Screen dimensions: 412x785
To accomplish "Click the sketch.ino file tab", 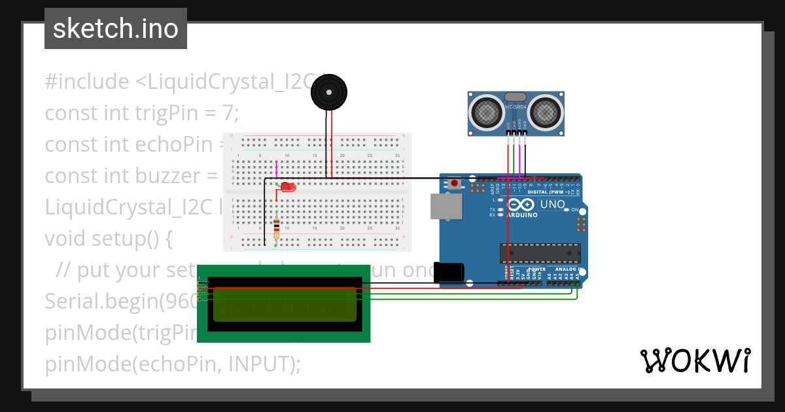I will pyautogui.click(x=115, y=29).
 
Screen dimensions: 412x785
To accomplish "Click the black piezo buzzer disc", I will pyautogui.click(x=328, y=93).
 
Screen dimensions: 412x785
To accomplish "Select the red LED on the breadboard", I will pyautogui.click(x=288, y=188).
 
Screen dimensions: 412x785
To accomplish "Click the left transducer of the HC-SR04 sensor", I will pyautogui.click(x=485, y=111).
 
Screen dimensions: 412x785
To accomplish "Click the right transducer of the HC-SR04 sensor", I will pyautogui.click(x=544, y=111).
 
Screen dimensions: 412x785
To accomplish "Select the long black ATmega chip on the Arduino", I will pyautogui.click(x=540, y=252).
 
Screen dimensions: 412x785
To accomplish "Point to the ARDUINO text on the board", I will pyautogui.click(x=521, y=215).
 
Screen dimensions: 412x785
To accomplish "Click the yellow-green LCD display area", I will pyautogui.click(x=285, y=303).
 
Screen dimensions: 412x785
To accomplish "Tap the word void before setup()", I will pyautogui.click(x=66, y=239).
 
